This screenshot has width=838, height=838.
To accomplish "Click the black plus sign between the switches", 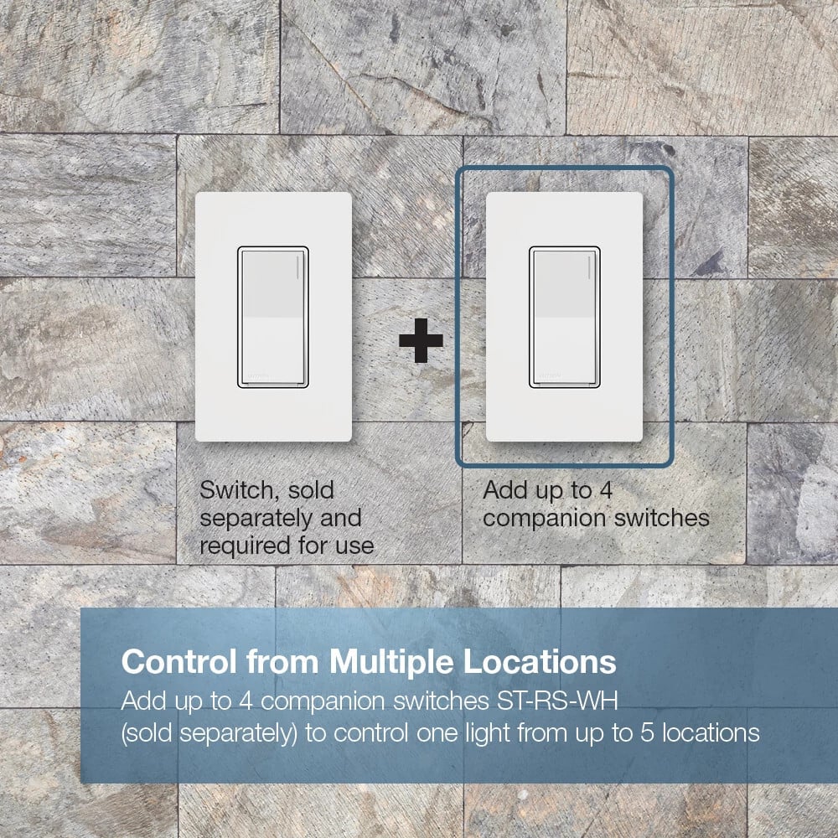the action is (422, 340).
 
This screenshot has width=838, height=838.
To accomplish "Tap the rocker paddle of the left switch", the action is (273, 317).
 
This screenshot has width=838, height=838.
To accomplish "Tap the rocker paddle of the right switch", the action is (564, 317).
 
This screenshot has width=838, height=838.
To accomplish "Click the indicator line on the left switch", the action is (297, 267).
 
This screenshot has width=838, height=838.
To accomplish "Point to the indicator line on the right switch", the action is (589, 267).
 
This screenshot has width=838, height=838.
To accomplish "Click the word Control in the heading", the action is (178, 662).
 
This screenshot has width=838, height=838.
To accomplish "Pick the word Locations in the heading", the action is (539, 662).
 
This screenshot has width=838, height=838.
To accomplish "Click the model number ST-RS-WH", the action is (557, 701).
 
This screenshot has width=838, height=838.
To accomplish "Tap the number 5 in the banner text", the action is (647, 732).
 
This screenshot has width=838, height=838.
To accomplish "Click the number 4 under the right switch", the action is (605, 490).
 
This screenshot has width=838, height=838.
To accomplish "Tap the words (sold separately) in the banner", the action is (209, 733).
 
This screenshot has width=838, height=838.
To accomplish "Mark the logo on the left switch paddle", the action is (258, 375).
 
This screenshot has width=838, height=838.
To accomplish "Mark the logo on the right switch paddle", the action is (550, 375).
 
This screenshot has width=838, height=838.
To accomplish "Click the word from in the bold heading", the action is (282, 662).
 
